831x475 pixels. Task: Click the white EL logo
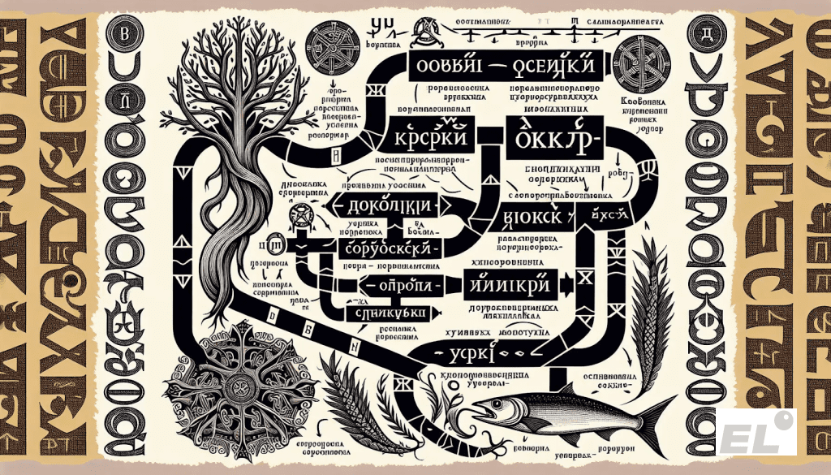tap(756, 430)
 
